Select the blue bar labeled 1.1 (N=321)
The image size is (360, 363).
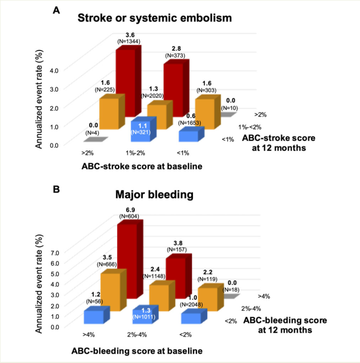(141, 129)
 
